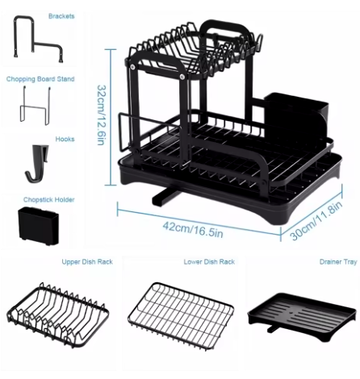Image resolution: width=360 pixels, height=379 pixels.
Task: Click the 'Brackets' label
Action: point(61,16)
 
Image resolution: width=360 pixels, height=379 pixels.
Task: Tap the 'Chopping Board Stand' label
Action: point(40,79)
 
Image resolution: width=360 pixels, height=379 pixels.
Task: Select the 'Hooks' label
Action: point(65,139)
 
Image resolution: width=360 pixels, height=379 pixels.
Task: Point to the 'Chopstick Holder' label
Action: point(48,200)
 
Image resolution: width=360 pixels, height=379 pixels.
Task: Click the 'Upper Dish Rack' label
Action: point(87,262)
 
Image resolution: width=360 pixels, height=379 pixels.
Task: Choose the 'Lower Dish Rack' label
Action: point(209,262)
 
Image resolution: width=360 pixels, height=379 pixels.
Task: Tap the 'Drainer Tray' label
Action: point(338,262)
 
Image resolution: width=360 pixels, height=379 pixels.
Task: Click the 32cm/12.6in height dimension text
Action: point(102,115)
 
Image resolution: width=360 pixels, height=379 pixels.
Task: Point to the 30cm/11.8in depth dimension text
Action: point(316,220)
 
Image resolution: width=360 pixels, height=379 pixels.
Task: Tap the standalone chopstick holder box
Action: point(38,226)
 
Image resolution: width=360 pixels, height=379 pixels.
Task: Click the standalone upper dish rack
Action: point(58,314)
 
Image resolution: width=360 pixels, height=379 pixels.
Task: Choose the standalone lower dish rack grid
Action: point(181,315)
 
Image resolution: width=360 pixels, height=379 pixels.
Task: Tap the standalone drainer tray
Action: point(301,316)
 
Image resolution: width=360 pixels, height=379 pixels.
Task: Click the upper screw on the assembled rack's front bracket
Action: point(132,66)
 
